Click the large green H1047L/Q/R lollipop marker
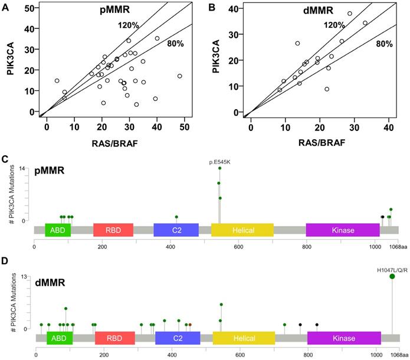[392, 277]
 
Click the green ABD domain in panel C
[58, 230]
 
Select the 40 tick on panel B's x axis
[389, 127]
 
